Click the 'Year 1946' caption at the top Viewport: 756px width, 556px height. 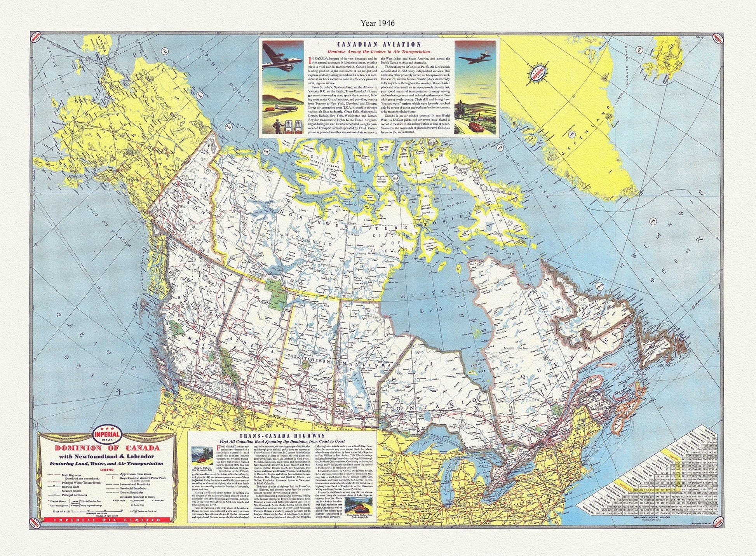point(377,23)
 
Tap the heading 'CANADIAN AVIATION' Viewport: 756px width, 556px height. point(378,45)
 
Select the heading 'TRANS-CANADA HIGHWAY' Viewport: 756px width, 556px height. point(282,436)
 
